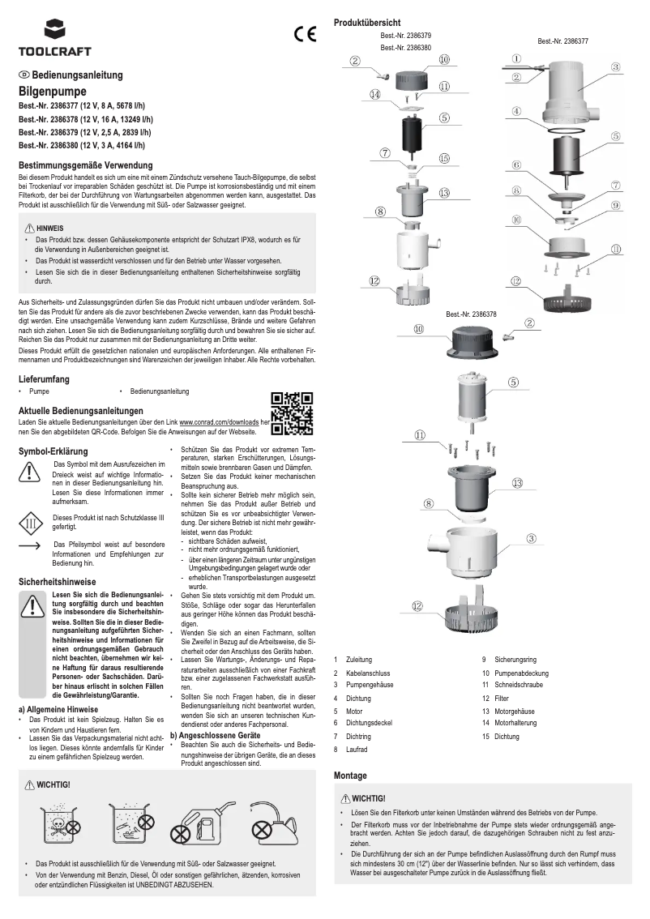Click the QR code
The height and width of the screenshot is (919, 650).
pyautogui.click(x=291, y=413)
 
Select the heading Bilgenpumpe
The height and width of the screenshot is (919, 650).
pyautogui.click(x=52, y=92)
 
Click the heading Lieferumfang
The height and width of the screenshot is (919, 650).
pyautogui.click(x=43, y=378)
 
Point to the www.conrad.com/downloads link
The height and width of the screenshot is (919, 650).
pyautogui.click(x=218, y=423)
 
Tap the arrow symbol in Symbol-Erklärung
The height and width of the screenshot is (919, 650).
pyautogui.click(x=30, y=548)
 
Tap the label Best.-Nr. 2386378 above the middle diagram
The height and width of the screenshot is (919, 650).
pyautogui.click(x=471, y=314)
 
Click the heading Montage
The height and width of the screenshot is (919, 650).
pyautogui.click(x=350, y=776)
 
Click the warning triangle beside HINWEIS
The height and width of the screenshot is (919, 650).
pyautogui.click(x=30, y=229)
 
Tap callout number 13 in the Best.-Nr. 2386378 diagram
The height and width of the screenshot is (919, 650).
pyautogui.click(x=516, y=482)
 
